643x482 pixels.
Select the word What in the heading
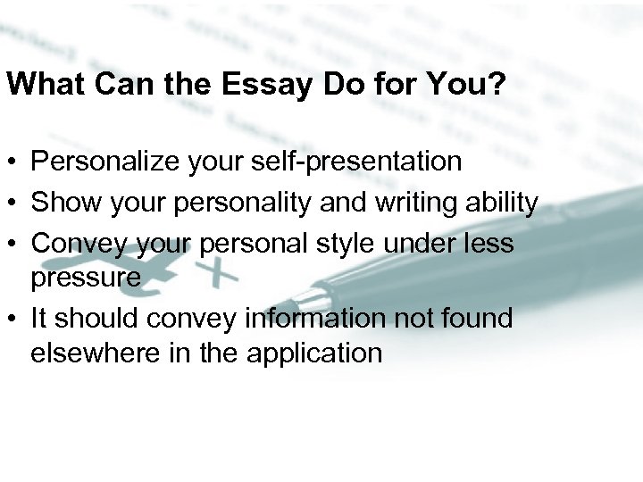(37, 85)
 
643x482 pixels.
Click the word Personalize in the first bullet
(95, 162)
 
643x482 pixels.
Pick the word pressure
(86, 277)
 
